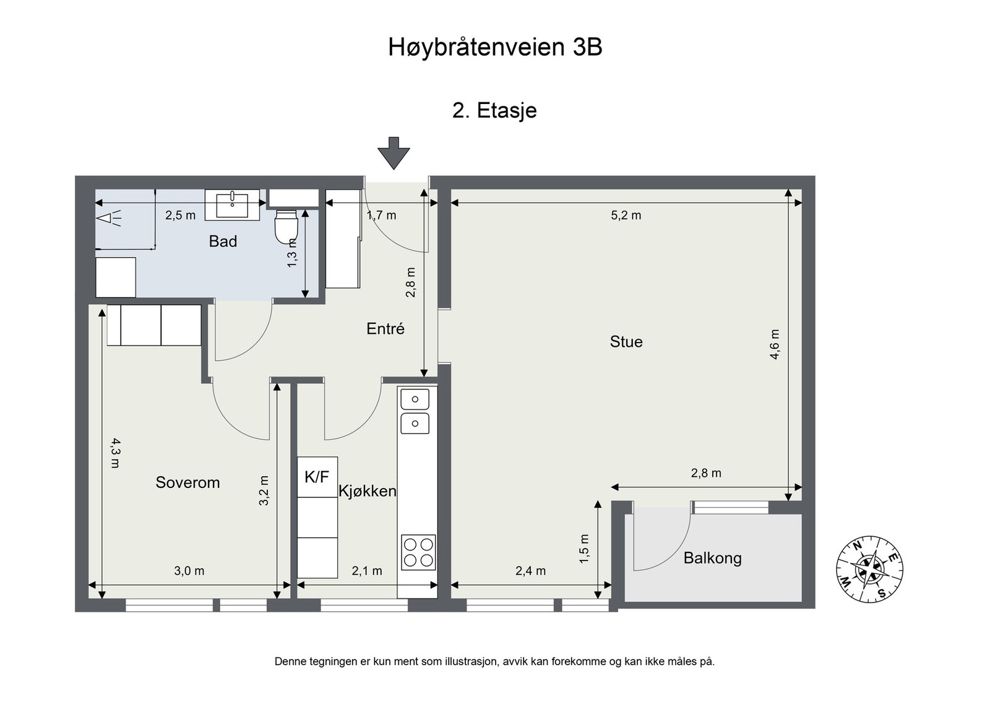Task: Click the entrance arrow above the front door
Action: click(x=394, y=153)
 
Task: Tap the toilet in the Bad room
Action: click(x=286, y=227)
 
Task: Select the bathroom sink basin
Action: click(x=232, y=205)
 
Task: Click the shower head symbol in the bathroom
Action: click(x=109, y=218)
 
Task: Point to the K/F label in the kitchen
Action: click(x=317, y=477)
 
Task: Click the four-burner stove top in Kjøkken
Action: click(x=418, y=552)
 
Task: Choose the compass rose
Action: click(x=869, y=569)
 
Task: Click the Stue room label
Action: click(x=626, y=341)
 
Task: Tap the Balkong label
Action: click(x=712, y=558)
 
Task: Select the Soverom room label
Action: click(x=187, y=482)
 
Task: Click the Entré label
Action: click(x=385, y=329)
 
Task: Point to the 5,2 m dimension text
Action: click(x=626, y=216)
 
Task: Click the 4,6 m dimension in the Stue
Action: click(x=774, y=344)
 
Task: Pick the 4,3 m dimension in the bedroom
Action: click(x=115, y=453)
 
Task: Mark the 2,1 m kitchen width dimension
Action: click(x=367, y=571)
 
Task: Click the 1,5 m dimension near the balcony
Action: click(x=584, y=549)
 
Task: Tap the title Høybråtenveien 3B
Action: click(x=495, y=47)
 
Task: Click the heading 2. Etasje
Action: click(x=494, y=110)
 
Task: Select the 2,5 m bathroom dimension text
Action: click(x=180, y=216)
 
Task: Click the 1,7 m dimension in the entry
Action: click(x=381, y=216)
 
